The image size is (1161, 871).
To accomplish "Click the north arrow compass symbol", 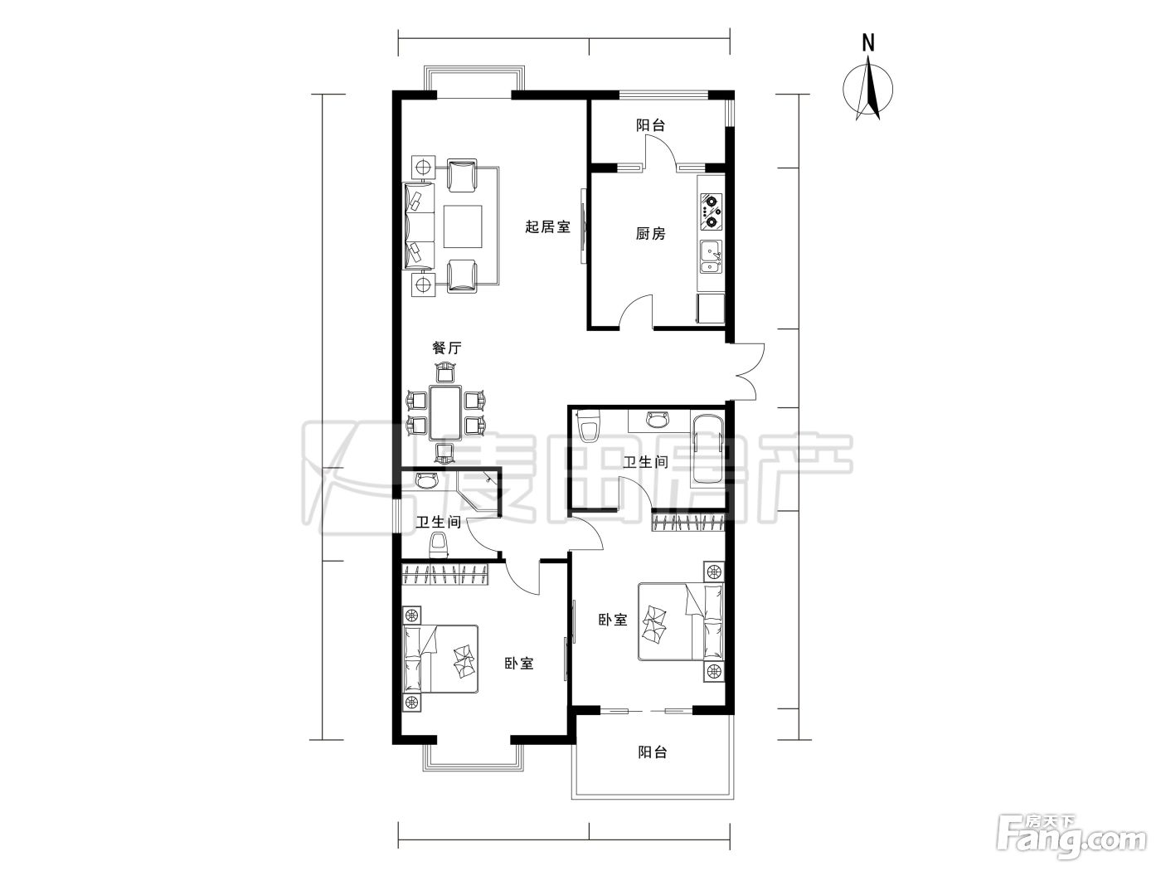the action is click(867, 90).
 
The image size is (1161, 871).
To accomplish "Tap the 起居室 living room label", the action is click(548, 226).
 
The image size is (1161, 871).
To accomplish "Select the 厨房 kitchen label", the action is click(651, 233).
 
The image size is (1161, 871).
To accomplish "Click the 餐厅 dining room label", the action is click(447, 348).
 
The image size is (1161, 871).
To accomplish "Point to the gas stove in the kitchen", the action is click(712, 212).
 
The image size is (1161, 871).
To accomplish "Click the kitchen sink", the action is click(712, 257).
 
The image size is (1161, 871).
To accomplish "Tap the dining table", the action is click(444, 413).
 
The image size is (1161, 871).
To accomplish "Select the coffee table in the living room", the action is click(463, 226).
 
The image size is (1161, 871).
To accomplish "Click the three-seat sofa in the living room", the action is click(419, 226).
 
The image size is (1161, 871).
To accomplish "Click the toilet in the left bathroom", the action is click(438, 545).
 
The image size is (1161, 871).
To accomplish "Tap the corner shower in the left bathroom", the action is click(474, 493).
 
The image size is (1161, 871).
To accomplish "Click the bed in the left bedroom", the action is click(440, 659).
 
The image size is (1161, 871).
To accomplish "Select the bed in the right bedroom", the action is click(681, 621).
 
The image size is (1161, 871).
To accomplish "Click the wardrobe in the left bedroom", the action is click(444, 575).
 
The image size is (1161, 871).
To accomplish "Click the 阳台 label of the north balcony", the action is click(650, 125).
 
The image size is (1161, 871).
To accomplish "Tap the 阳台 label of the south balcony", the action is click(652, 752).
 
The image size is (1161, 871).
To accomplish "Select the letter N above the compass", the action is click(868, 43).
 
